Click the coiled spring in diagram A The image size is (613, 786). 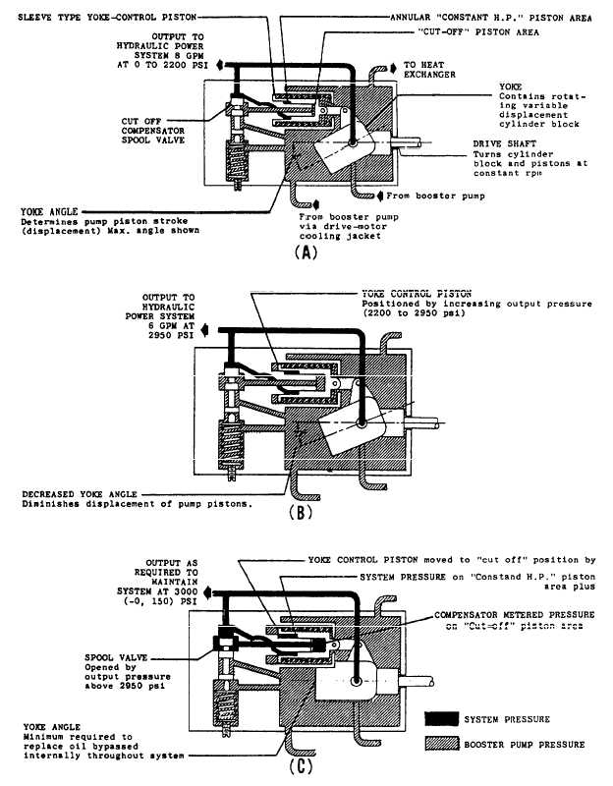[x=237, y=157]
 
